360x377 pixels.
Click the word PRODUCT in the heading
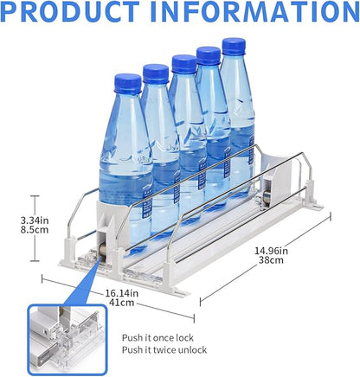(x=69, y=11)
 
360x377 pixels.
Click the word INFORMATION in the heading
(x=254, y=11)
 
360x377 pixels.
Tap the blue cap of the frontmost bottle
(x=128, y=84)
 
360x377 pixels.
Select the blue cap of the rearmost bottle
(x=234, y=46)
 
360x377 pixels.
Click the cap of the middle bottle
(x=184, y=63)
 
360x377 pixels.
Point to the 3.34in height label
(x=35, y=220)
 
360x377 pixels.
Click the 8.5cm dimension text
(x=35, y=230)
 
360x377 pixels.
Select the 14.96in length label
(x=271, y=251)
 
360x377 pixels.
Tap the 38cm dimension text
(x=271, y=260)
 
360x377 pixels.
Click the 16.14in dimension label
(x=121, y=293)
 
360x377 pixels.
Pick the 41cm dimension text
(x=121, y=303)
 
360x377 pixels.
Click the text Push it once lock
(x=157, y=337)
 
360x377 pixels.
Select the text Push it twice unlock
(x=164, y=350)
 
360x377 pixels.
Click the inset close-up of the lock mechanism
(x=67, y=340)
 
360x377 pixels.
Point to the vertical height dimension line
(x=35, y=228)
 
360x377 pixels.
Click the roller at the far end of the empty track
(x=266, y=199)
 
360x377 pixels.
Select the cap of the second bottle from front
(x=156, y=73)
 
